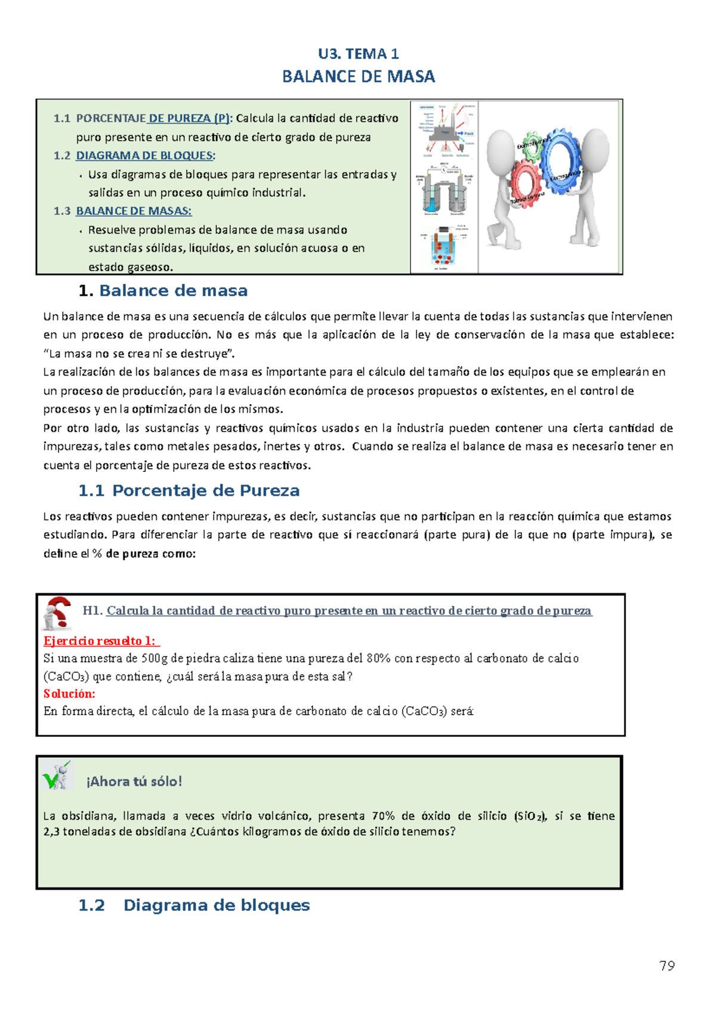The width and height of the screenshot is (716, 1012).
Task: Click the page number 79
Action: pos(666,966)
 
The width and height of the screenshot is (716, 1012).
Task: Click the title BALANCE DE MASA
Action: pos(358,76)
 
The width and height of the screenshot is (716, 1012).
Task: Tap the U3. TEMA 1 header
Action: pos(358,54)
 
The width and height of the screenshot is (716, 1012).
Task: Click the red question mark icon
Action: pos(58,612)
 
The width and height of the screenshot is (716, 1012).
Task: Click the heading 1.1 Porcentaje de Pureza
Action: pos(189,491)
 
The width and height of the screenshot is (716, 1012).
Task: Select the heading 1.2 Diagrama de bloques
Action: pos(194,905)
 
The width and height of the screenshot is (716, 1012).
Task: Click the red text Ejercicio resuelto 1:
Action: pos(100,641)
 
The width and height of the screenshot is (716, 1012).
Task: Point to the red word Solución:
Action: pos(69,693)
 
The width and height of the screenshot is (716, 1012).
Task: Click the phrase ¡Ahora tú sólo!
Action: pos(134,781)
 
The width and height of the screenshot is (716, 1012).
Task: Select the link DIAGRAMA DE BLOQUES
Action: pos(144,156)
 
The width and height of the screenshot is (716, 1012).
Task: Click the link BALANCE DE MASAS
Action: pos(133,211)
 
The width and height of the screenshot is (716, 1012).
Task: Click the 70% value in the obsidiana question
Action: pos(383,815)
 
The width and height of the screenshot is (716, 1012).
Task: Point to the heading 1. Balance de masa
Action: pos(163,291)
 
